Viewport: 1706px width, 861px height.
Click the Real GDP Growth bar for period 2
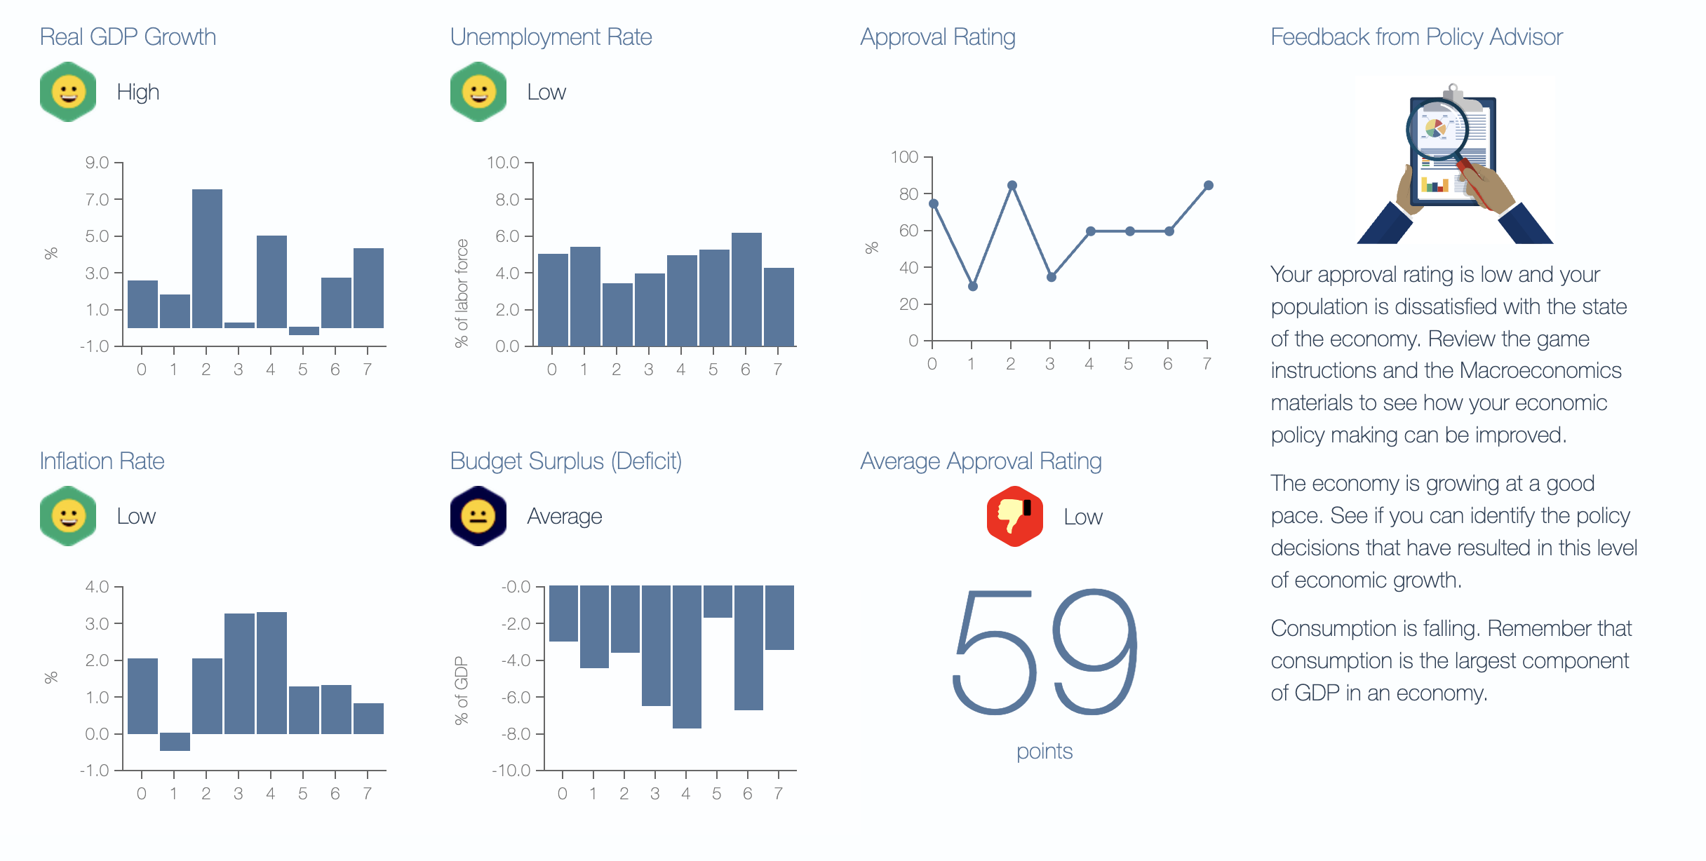click(x=207, y=259)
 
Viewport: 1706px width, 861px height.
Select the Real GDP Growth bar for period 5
click(x=304, y=331)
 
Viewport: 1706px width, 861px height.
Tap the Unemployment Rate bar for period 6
click(x=746, y=289)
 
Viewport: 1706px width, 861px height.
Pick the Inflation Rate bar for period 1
click(x=175, y=742)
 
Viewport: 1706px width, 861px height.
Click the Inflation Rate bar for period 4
click(x=271, y=673)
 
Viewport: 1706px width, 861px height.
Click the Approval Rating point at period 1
click(x=972, y=286)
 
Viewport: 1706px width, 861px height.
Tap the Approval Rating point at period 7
click(x=1208, y=186)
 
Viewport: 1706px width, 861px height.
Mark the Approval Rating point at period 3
click(x=1051, y=277)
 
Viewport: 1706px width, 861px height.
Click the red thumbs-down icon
click(x=1014, y=516)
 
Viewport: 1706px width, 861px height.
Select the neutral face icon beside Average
click(x=478, y=516)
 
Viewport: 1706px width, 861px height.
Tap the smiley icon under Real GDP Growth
click(x=68, y=92)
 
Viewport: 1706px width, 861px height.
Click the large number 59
click(x=1045, y=652)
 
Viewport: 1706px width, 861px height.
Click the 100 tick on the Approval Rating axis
click(x=904, y=157)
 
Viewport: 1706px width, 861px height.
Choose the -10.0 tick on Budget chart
click(x=511, y=771)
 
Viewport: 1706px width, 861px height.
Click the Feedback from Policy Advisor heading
click(x=1416, y=36)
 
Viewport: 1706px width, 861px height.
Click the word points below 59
click(x=1045, y=752)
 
